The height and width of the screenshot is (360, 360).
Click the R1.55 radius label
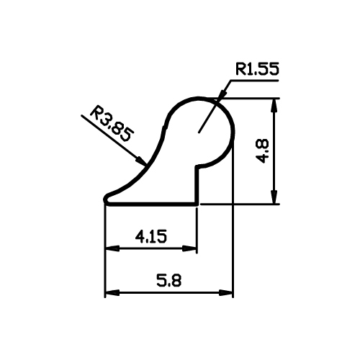[x=257, y=69]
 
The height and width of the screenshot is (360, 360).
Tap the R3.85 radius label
[x=111, y=123]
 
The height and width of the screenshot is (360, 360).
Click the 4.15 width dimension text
[x=150, y=236]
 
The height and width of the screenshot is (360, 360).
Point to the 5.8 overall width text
[x=168, y=280]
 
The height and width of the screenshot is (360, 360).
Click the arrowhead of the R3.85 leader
[x=141, y=161]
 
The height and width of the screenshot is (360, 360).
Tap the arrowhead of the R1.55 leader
[x=223, y=94]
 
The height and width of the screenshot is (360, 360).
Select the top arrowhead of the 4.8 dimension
[x=274, y=105]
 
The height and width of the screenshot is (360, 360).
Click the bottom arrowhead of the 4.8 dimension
[x=274, y=197]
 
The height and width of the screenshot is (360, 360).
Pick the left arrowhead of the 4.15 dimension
[x=112, y=248]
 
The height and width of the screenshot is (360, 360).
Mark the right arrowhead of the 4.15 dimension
[x=189, y=248]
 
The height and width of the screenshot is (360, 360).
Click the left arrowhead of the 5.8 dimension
[x=112, y=293]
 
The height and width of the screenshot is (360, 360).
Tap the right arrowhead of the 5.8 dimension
[x=226, y=293]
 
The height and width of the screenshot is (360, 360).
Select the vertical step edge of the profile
[x=197, y=185]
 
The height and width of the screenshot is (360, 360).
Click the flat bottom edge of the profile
[x=152, y=204]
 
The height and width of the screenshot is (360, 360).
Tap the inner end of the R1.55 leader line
[x=199, y=132]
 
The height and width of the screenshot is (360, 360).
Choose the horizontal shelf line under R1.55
[x=254, y=81]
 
